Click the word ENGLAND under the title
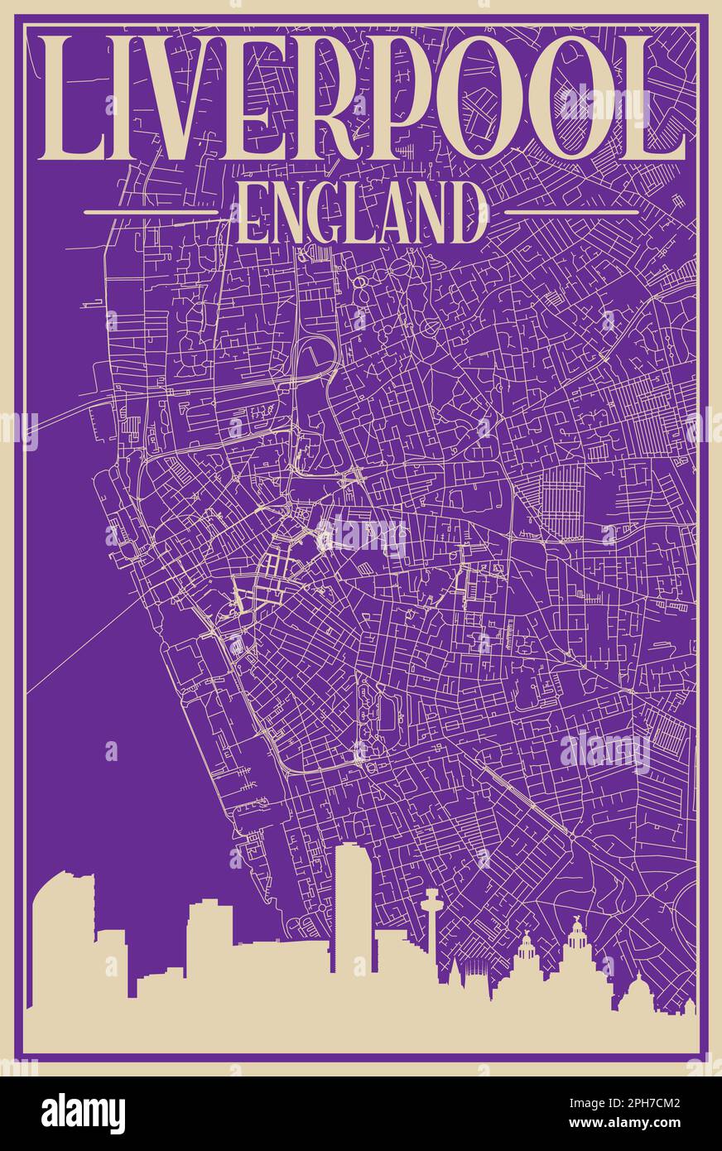[362, 213]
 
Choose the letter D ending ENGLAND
[469, 213]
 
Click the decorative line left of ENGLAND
[151, 212]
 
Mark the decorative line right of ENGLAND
[571, 212]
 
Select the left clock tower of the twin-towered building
[526, 952]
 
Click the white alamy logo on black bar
[83, 1114]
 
